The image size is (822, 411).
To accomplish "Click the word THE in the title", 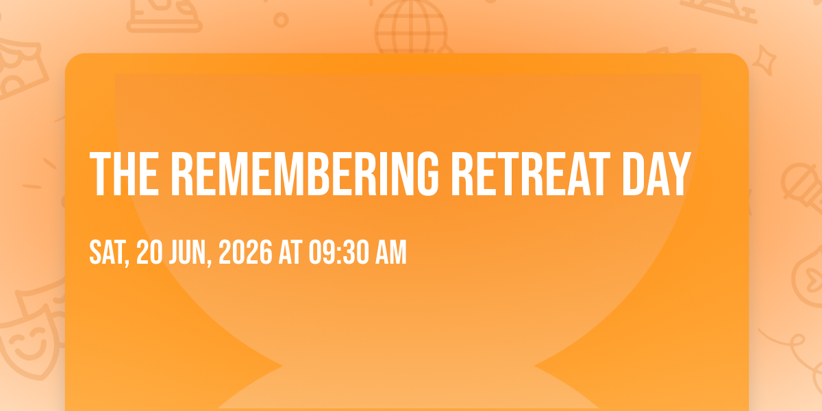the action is point(124,174).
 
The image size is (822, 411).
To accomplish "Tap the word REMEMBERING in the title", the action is point(305,174).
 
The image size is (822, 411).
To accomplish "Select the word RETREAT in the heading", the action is point(531,174).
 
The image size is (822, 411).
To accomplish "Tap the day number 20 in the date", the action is point(149,252).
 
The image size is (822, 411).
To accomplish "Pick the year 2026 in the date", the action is point(245,252).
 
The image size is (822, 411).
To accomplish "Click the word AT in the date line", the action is point(290,252).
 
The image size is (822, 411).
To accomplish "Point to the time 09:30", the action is point(338,252).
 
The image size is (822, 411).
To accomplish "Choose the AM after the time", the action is point(391,252).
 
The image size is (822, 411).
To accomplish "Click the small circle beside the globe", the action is point(281,20).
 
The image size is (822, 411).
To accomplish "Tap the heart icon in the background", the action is point(812,278).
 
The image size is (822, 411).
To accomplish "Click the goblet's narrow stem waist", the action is point(408,366).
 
